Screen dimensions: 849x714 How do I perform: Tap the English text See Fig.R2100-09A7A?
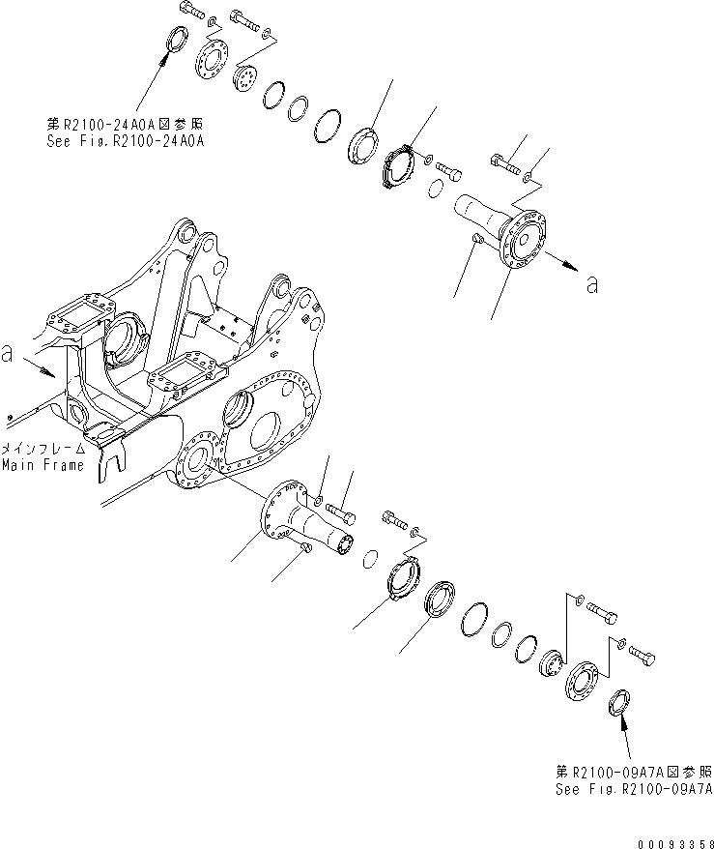click(x=633, y=788)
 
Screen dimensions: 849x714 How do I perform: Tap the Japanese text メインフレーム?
click(x=43, y=450)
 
